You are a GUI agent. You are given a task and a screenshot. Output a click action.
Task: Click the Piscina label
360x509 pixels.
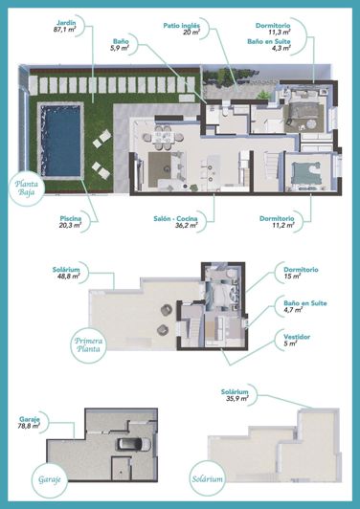click(x=70, y=219)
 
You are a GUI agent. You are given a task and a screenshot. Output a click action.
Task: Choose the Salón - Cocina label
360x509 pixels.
click(x=178, y=219)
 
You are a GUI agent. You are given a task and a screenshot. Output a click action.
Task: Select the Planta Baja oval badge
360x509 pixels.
click(x=34, y=186)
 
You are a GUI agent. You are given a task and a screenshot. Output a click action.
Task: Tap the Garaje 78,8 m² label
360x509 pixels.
click(x=34, y=426)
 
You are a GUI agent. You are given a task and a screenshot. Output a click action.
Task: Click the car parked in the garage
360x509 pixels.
click(x=129, y=445)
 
